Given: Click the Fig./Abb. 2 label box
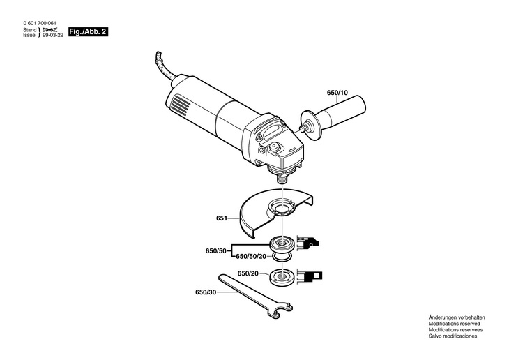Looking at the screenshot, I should point(88,33).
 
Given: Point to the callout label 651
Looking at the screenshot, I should point(221,218).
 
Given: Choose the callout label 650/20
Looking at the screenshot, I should point(248,273).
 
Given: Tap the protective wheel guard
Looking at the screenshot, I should point(265,213).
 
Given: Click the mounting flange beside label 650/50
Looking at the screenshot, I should point(282,243).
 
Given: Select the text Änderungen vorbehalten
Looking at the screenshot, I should point(456,317).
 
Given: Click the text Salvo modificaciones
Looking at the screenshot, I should point(453,336).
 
